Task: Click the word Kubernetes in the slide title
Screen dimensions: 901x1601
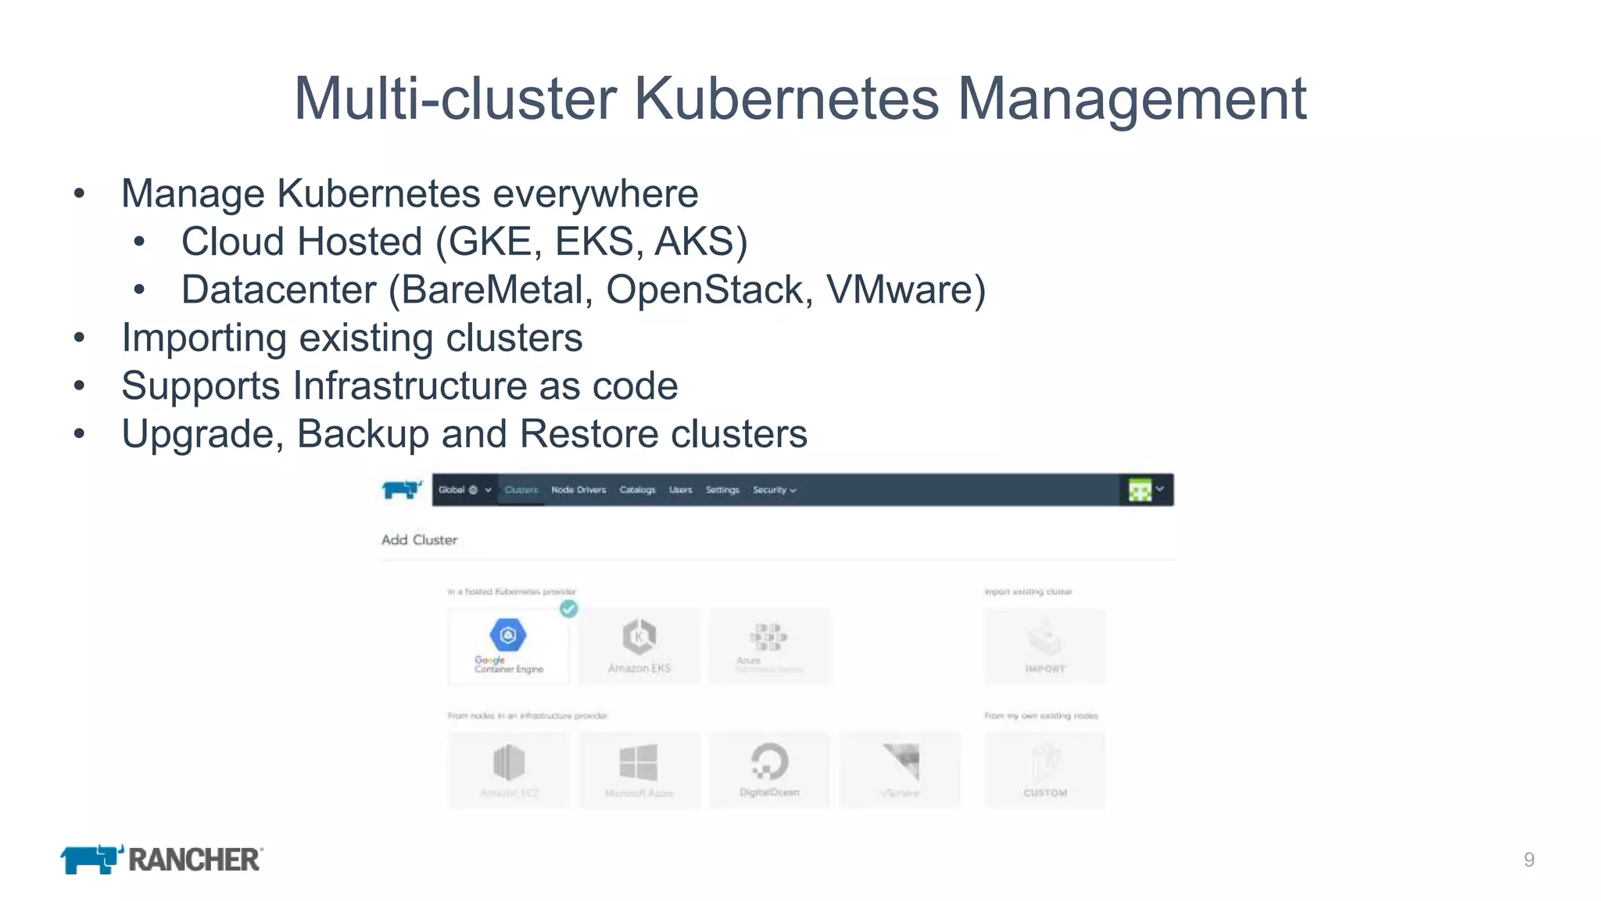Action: click(x=786, y=99)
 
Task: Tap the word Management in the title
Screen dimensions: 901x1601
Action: click(x=1131, y=99)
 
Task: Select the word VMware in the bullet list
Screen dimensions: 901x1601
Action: click(x=905, y=290)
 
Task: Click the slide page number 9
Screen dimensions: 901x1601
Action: click(x=1528, y=860)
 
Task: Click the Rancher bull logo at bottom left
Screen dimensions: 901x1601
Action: click(x=91, y=859)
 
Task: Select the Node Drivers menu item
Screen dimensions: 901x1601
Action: click(x=578, y=490)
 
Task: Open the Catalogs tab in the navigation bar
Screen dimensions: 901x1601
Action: click(x=637, y=490)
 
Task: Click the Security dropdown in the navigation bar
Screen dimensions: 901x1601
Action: click(x=773, y=490)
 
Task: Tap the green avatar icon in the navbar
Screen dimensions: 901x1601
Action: click(x=1140, y=490)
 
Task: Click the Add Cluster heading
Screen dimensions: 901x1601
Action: click(x=419, y=540)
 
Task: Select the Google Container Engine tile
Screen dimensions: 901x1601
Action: click(x=508, y=647)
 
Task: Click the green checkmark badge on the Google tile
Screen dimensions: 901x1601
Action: click(x=569, y=608)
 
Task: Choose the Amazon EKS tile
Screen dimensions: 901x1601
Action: click(x=639, y=647)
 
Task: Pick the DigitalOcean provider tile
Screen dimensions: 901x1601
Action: click(x=769, y=770)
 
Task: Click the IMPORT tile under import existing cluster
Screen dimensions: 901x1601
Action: click(x=1044, y=647)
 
